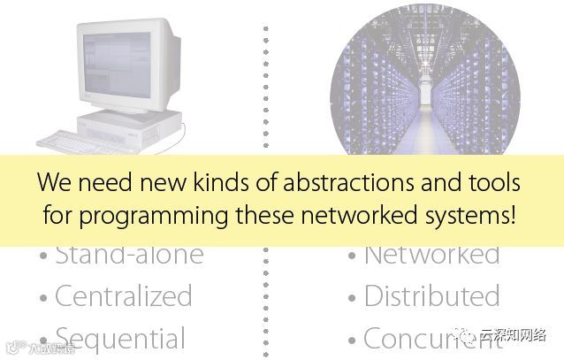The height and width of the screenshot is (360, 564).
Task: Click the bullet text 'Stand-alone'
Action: coord(129,255)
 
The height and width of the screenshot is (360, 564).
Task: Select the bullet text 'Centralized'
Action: coord(123,296)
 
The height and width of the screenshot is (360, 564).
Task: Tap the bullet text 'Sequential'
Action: coord(120,338)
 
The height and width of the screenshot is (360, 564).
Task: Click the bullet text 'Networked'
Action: coord(431,255)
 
